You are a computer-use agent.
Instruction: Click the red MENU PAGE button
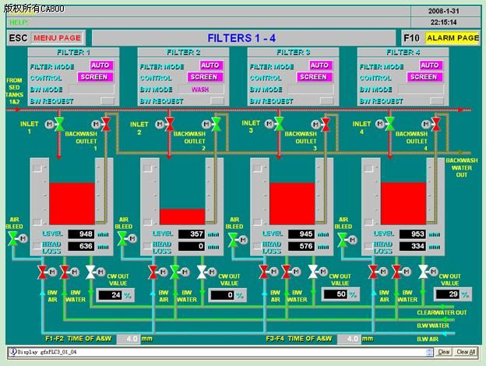coord(58,37)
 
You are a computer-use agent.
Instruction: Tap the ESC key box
coord(19,37)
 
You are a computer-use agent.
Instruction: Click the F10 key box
coord(412,37)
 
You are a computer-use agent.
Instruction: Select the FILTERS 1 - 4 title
coord(241,37)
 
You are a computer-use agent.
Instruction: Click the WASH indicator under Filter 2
coord(203,89)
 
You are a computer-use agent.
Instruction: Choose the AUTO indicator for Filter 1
coord(100,65)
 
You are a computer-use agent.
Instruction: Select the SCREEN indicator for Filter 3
coord(313,77)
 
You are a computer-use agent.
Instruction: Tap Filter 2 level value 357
coord(190,234)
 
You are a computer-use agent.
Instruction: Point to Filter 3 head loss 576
coord(300,247)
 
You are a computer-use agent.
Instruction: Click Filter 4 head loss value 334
coord(410,247)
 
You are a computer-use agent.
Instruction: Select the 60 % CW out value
coord(333,295)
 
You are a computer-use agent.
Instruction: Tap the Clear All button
coord(466,352)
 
